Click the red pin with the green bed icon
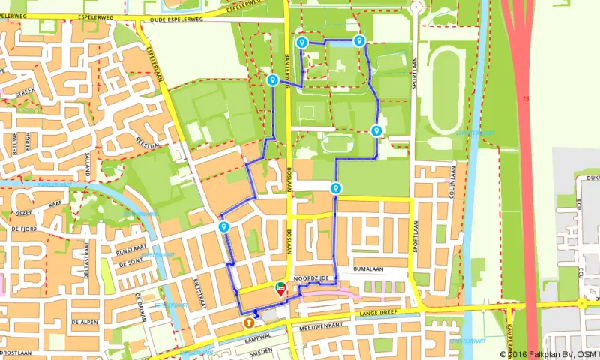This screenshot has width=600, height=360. [x=281, y=288]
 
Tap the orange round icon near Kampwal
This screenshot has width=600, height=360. [x=247, y=322]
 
